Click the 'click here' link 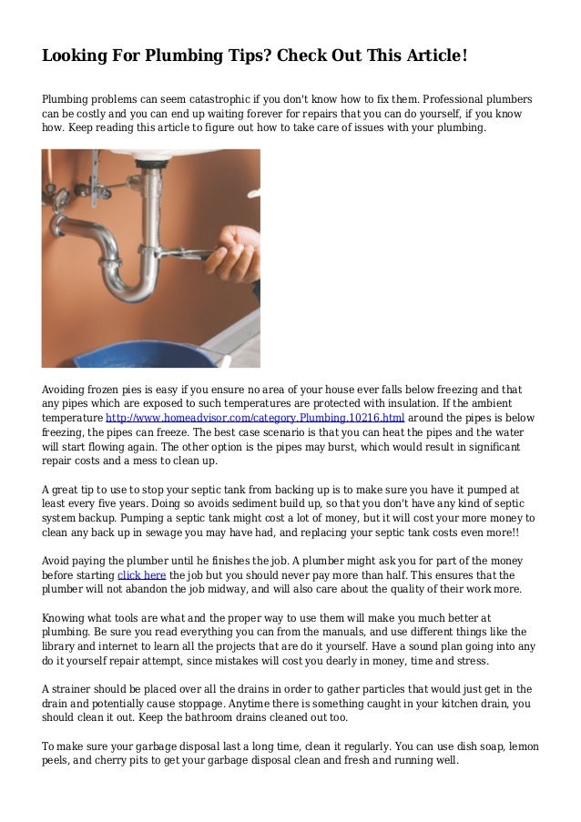click(x=142, y=576)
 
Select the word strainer click(x=78, y=689)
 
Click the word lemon click(x=522, y=747)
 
